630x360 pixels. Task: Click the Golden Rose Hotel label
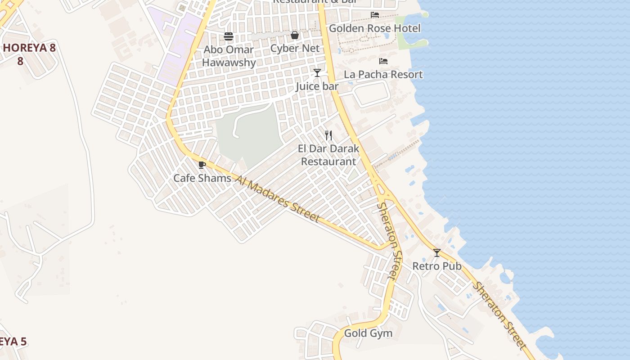pyautogui.click(x=374, y=28)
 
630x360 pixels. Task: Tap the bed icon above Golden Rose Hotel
pyautogui.click(x=374, y=15)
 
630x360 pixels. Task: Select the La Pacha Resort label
pyautogui.click(x=383, y=74)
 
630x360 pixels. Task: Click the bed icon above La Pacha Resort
pyautogui.click(x=383, y=61)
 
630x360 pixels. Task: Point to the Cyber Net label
pyautogui.click(x=295, y=48)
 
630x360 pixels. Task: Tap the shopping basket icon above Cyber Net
pyautogui.click(x=295, y=35)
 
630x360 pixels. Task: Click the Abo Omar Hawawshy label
pyautogui.click(x=229, y=56)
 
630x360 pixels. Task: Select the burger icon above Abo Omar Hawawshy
pyautogui.click(x=229, y=36)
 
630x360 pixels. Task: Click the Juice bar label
pyautogui.click(x=317, y=86)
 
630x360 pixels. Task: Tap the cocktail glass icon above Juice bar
pyautogui.click(x=317, y=72)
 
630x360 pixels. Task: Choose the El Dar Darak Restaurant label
pyautogui.click(x=328, y=155)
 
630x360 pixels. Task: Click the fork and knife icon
pyautogui.click(x=328, y=135)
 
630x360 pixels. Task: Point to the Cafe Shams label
pyautogui.click(x=202, y=178)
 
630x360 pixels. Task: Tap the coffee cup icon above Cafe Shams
pyautogui.click(x=202, y=165)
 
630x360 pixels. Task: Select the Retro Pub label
pyautogui.click(x=437, y=266)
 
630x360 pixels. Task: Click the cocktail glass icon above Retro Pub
pyautogui.click(x=436, y=253)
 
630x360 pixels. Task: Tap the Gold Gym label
pyautogui.click(x=368, y=333)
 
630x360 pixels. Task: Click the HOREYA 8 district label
pyautogui.click(x=29, y=48)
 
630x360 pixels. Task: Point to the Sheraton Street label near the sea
pyautogui.click(x=499, y=315)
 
